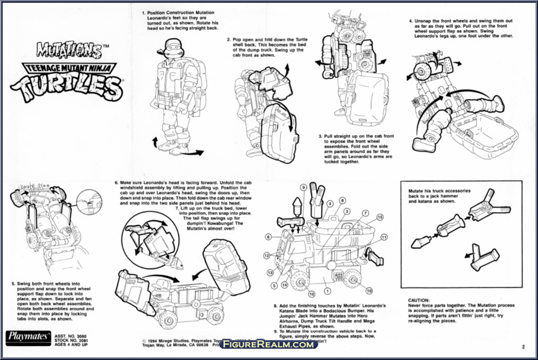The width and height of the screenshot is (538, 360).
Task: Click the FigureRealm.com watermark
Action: point(268,344)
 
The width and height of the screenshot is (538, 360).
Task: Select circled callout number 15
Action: point(380,217)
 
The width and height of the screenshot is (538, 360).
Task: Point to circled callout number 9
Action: point(303,188)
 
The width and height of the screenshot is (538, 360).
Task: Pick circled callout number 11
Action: point(384,237)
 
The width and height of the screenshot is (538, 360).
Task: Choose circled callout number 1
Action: point(326,289)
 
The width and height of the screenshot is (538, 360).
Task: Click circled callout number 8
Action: point(342,200)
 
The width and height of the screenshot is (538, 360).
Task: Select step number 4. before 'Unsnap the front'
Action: point(409,21)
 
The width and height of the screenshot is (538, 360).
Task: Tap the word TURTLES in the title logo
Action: point(65,86)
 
